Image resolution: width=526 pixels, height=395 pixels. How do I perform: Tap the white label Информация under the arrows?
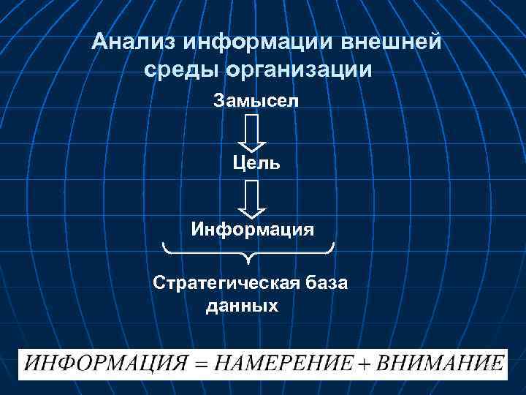click(253, 230)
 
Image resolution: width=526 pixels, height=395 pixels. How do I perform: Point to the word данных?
click(242, 306)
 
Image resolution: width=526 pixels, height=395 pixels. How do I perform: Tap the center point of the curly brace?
click(249, 258)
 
